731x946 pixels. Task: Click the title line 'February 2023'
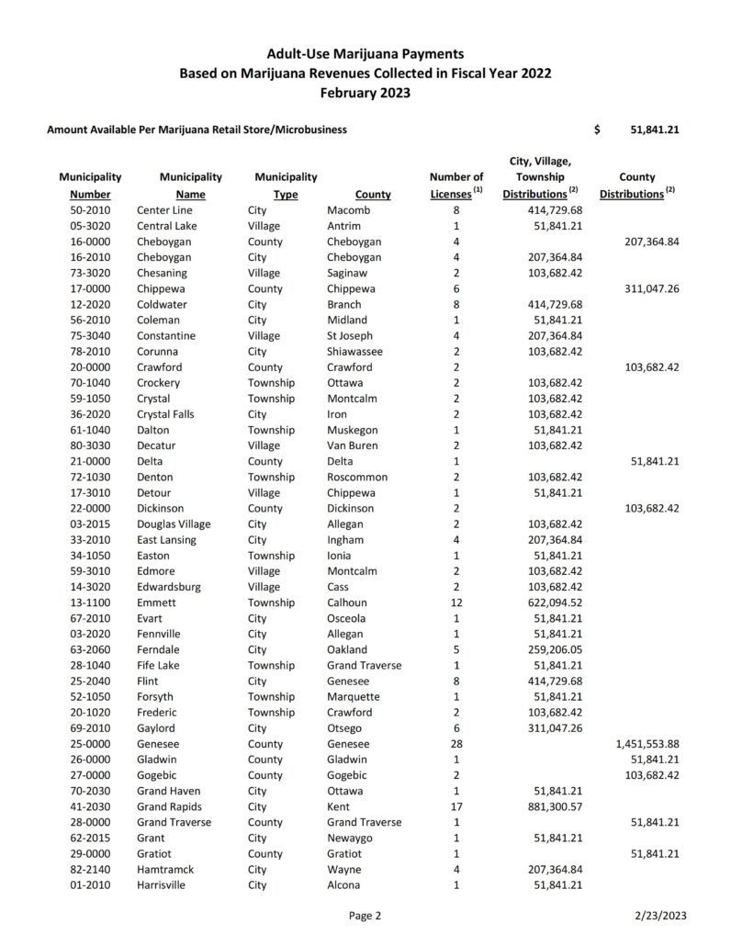click(x=365, y=93)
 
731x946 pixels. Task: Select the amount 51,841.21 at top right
click(x=655, y=130)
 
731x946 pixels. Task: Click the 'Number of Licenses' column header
click(x=456, y=186)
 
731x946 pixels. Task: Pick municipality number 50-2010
click(x=90, y=210)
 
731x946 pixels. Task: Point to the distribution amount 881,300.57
click(x=551, y=805)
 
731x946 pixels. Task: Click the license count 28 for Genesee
click(x=456, y=742)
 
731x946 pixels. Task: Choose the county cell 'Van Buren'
click(x=354, y=446)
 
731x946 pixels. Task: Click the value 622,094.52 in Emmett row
click(x=551, y=603)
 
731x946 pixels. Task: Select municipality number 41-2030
click(x=90, y=805)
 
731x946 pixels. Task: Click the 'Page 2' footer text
click(x=365, y=916)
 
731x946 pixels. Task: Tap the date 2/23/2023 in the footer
click(x=659, y=916)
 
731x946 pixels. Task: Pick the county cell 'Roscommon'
click(x=357, y=478)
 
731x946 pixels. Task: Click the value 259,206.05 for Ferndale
click(x=551, y=648)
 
